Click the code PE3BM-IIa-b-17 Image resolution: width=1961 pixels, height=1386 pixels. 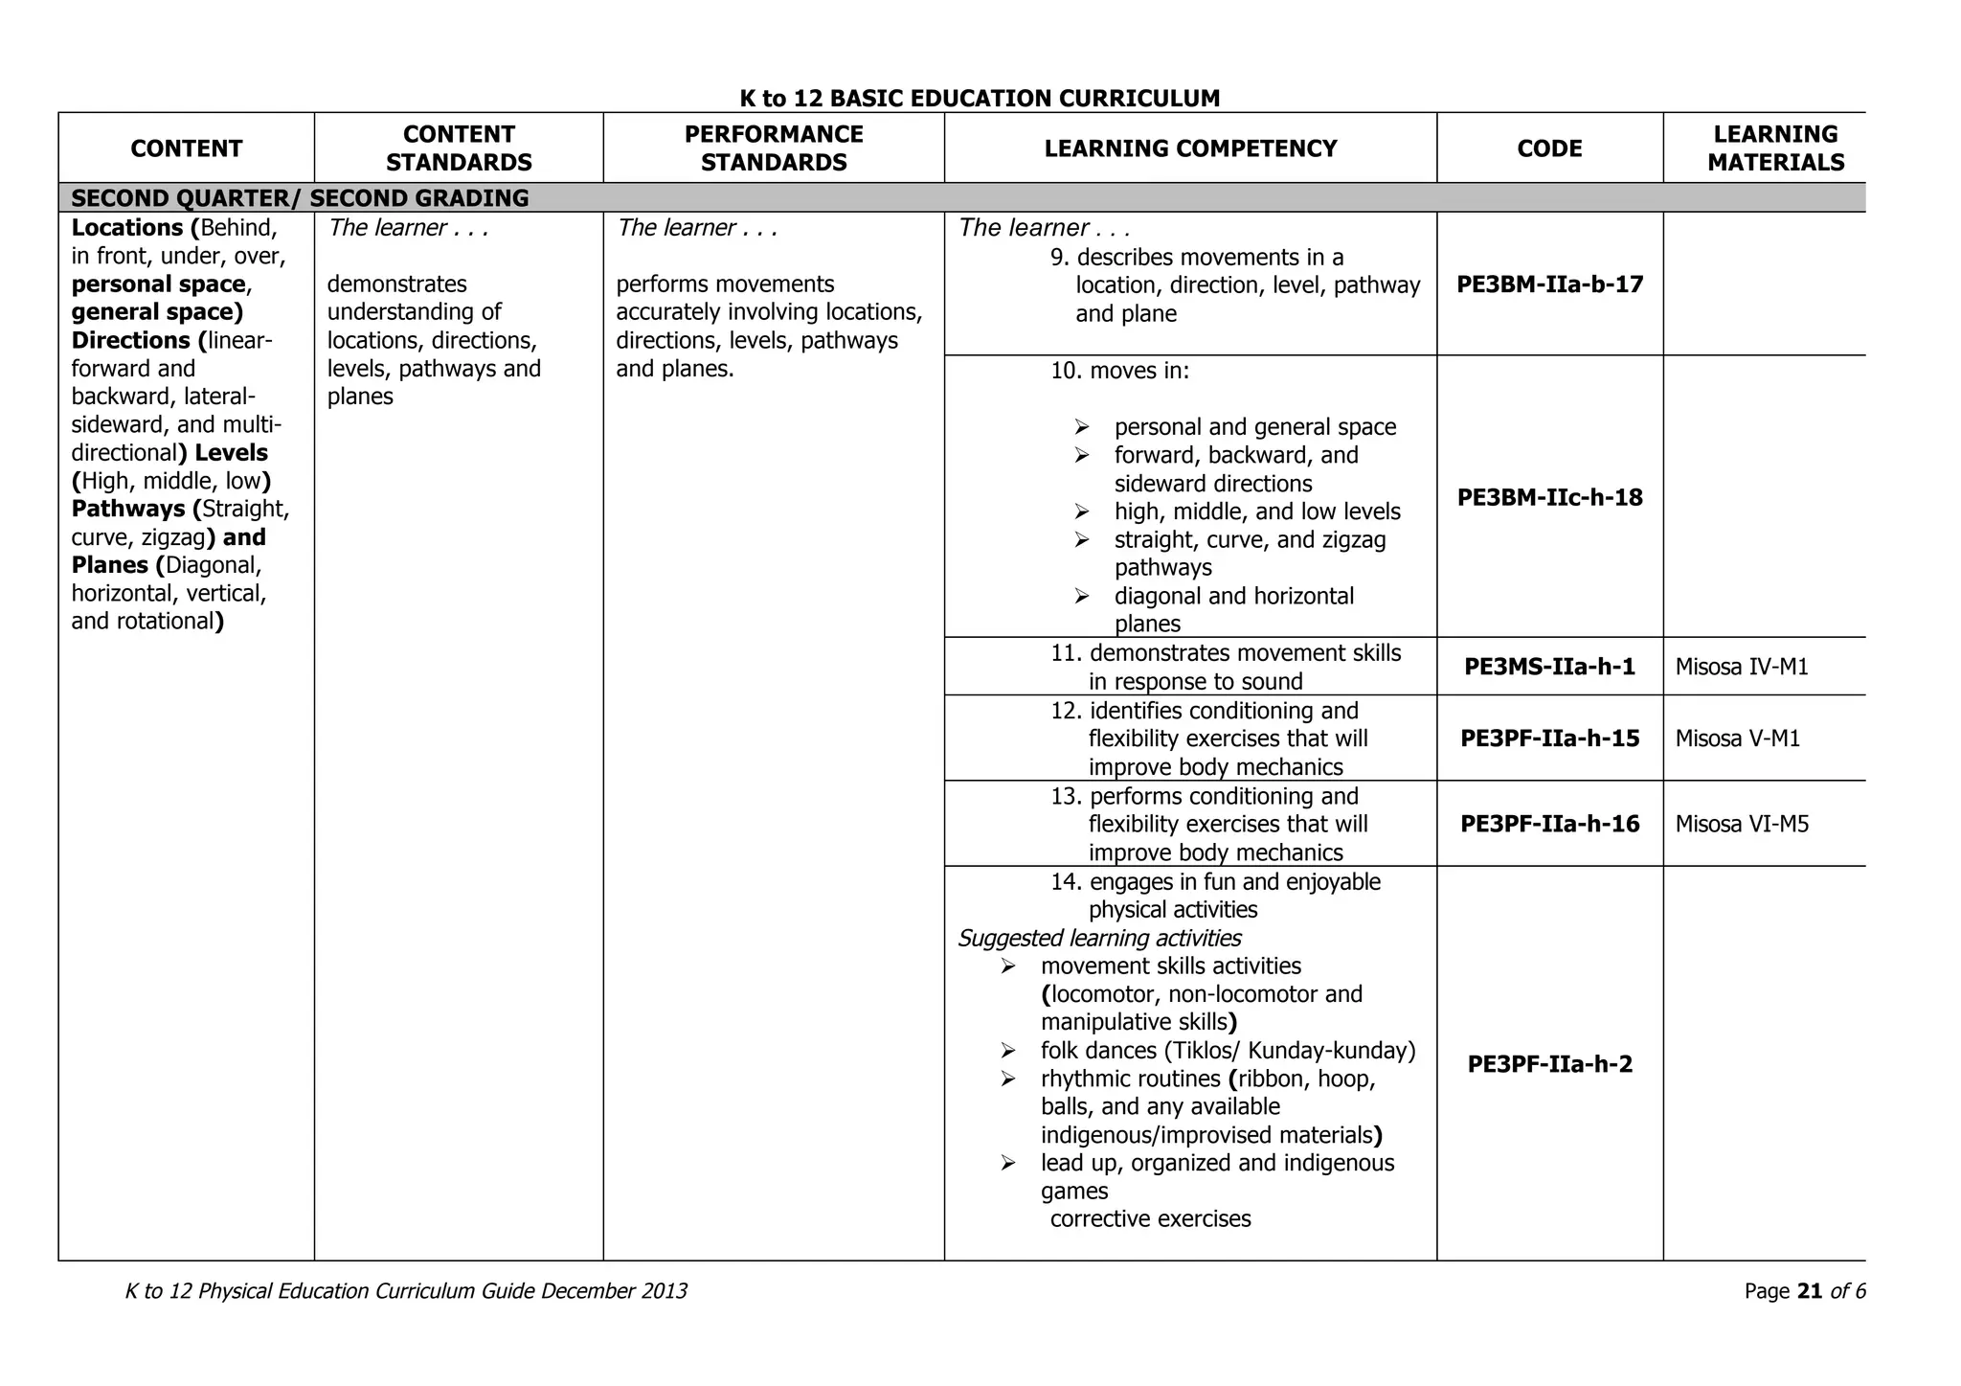(x=1549, y=284)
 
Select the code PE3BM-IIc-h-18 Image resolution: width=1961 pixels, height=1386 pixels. (x=1549, y=497)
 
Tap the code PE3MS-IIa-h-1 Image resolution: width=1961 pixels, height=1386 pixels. (x=1549, y=667)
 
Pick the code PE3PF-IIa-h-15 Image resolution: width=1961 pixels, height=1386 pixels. (x=1549, y=738)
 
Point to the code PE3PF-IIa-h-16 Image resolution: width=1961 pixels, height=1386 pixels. (x=1549, y=824)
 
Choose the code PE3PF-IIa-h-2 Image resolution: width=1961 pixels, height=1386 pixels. (x=1549, y=1064)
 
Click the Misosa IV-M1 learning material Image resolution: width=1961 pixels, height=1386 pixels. (x=1742, y=667)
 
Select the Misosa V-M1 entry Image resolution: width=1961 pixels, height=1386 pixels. (x=1737, y=738)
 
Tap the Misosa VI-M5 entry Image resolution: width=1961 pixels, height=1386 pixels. (x=1742, y=824)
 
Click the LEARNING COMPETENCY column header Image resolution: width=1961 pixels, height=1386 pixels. (x=1190, y=148)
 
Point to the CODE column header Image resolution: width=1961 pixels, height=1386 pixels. (x=1549, y=148)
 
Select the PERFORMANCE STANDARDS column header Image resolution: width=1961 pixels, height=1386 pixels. (x=774, y=148)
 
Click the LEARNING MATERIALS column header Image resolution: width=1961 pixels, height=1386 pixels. (x=1775, y=148)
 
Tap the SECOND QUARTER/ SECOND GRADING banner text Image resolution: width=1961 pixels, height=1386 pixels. (x=300, y=198)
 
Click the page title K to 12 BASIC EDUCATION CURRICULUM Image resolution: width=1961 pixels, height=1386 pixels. (x=980, y=99)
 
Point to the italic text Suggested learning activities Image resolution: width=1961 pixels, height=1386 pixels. (x=1099, y=938)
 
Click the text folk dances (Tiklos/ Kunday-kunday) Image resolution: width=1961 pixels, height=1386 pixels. (x=1228, y=1051)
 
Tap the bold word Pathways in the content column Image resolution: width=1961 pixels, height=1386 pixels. (x=128, y=509)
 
